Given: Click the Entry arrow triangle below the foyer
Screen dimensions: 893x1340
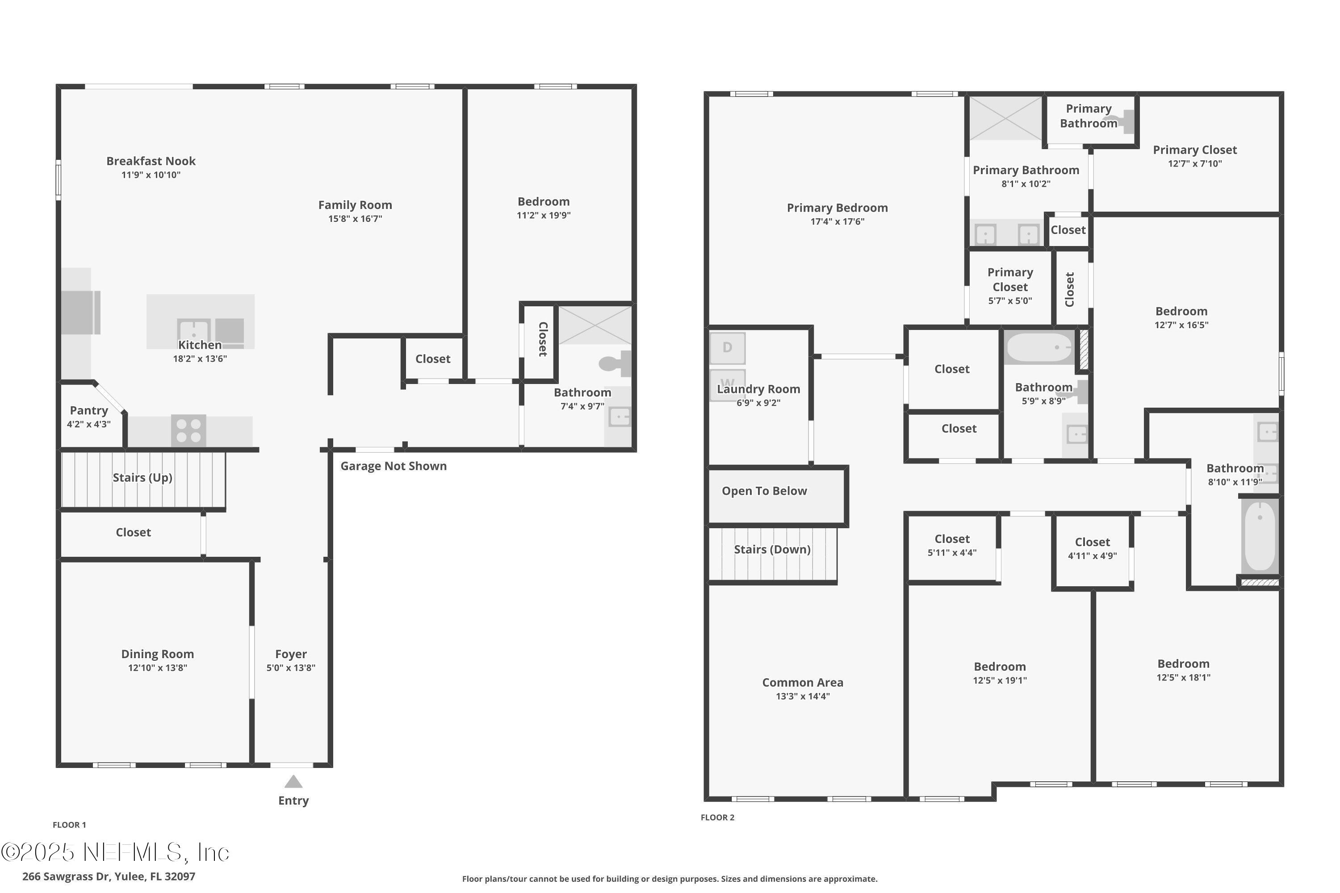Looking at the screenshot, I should pyautogui.click(x=293, y=782).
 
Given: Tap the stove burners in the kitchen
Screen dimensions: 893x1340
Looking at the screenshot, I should pyautogui.click(x=188, y=430).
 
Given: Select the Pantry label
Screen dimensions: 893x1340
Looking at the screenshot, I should pyautogui.click(x=89, y=411).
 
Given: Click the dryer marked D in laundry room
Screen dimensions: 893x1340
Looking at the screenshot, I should pyautogui.click(x=727, y=348).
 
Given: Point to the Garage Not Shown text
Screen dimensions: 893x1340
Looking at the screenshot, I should pyautogui.click(x=393, y=467).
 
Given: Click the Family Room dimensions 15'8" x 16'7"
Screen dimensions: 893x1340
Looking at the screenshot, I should pyautogui.click(x=355, y=219).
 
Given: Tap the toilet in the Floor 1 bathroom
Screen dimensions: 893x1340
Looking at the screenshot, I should pyautogui.click(x=616, y=363).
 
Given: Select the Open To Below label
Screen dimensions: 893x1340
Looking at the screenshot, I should pyautogui.click(x=764, y=491).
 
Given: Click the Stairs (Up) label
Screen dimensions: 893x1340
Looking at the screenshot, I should pyautogui.click(x=142, y=478).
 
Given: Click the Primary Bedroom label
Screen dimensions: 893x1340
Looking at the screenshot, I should pyautogui.click(x=837, y=208).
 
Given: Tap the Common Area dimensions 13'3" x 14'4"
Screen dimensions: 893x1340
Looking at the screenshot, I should pyautogui.click(x=802, y=696).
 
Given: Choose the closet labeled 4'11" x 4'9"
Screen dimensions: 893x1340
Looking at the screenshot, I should pyautogui.click(x=1092, y=548).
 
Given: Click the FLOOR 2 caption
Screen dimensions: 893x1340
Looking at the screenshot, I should pyautogui.click(x=717, y=817).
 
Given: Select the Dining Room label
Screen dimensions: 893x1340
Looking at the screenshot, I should pyautogui.click(x=157, y=654).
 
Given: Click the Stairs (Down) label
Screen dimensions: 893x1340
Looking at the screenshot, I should pyautogui.click(x=772, y=550).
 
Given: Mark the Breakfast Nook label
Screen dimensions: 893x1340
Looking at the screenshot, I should pyautogui.click(x=151, y=161).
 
